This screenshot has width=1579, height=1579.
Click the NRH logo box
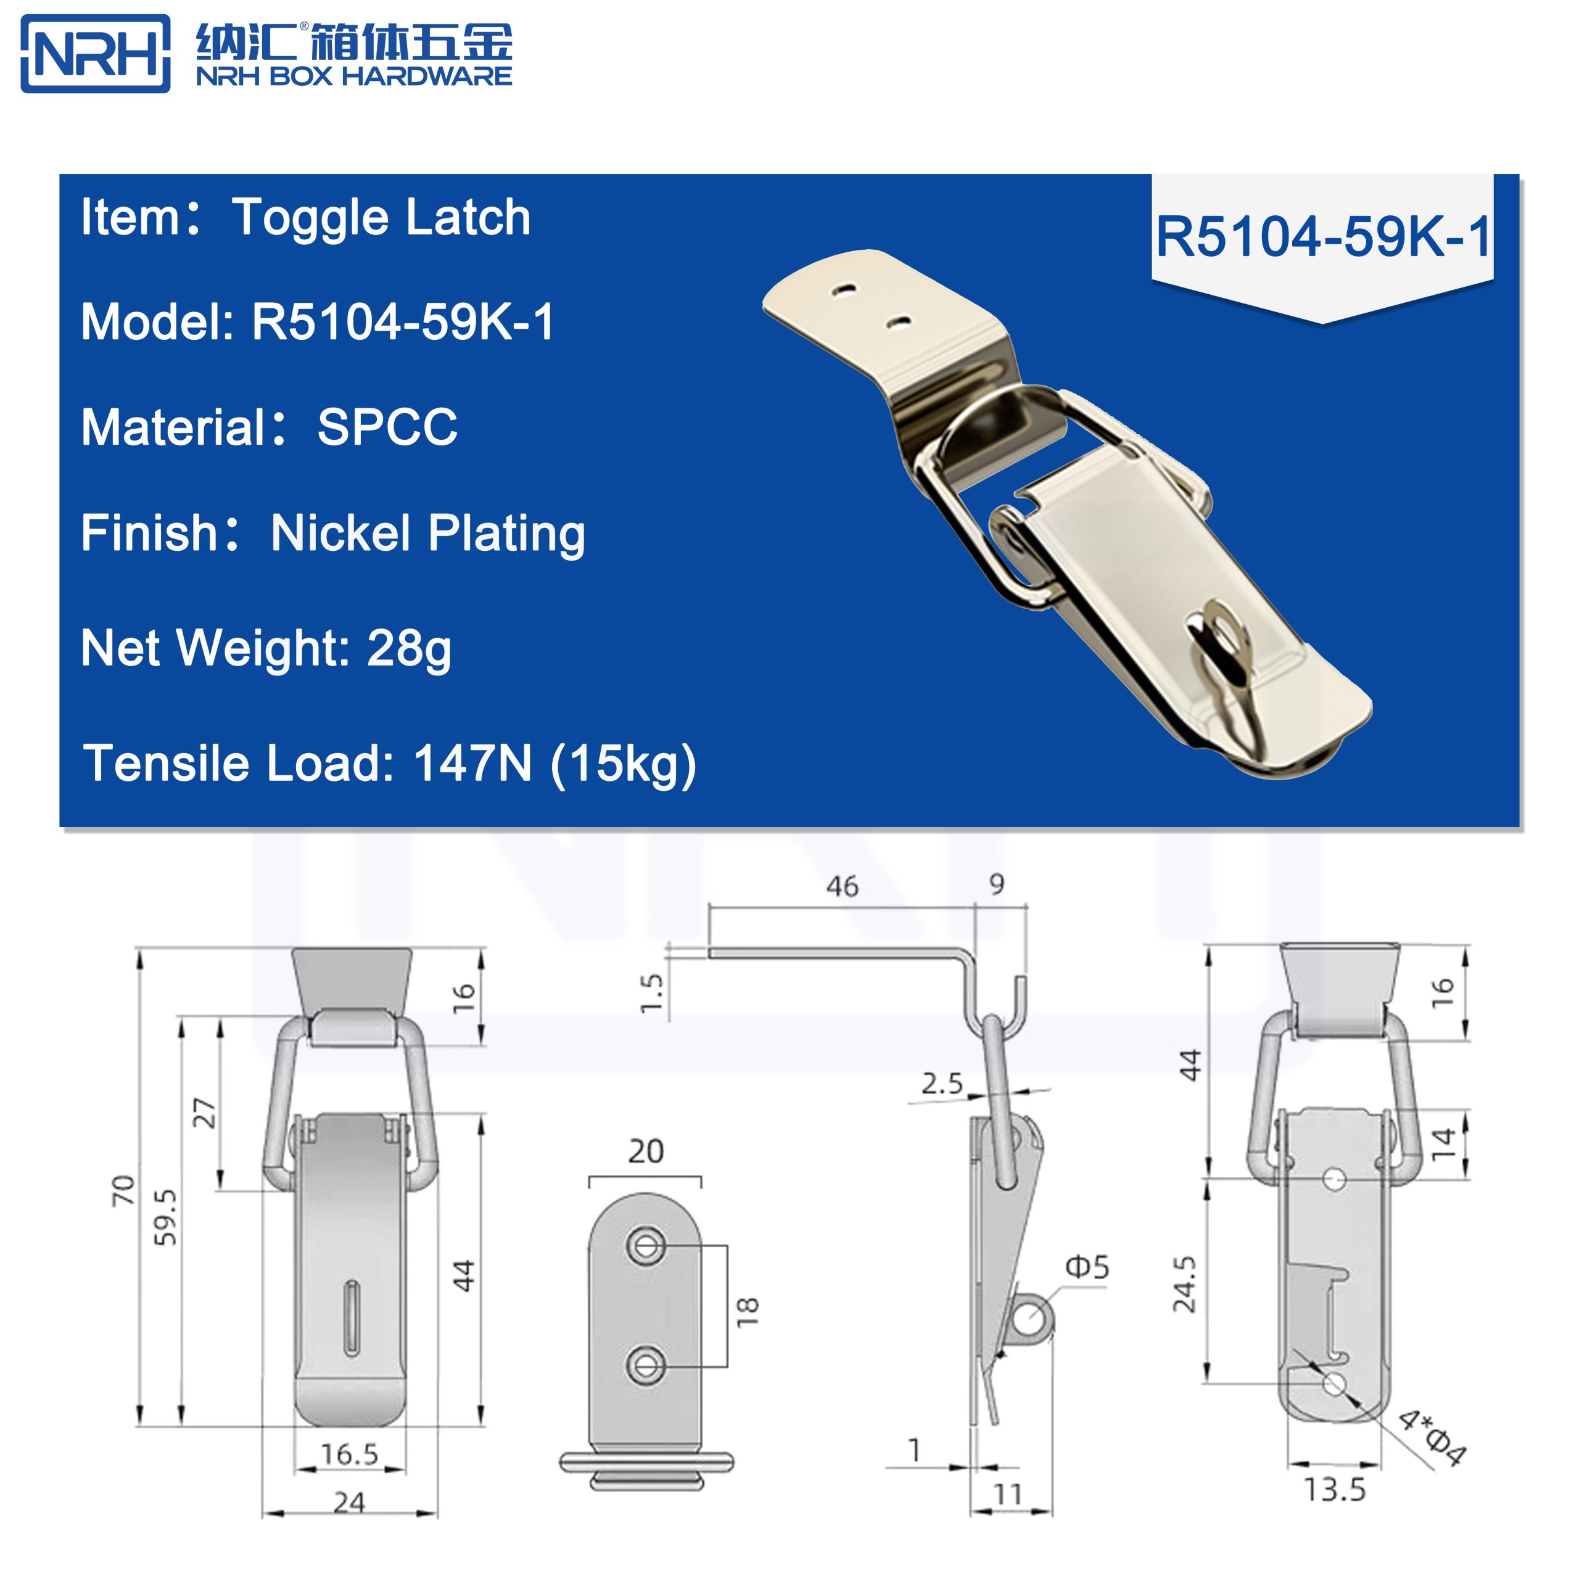(x=95, y=54)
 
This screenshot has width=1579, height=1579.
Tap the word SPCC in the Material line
(x=387, y=427)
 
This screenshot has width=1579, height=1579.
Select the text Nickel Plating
(x=427, y=534)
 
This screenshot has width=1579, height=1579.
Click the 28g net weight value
(x=409, y=649)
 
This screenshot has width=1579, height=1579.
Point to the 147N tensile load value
(x=472, y=764)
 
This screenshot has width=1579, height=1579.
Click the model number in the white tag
(x=1322, y=237)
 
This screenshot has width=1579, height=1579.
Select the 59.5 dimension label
(x=165, y=1217)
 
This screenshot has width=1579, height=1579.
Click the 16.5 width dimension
(x=349, y=1454)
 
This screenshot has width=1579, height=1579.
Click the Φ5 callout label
(x=1087, y=1267)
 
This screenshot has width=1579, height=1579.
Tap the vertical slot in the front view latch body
(x=352, y=1319)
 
